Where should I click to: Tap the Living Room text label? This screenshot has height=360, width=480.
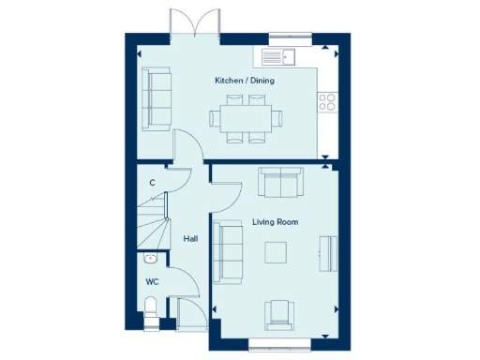click(x=275, y=222)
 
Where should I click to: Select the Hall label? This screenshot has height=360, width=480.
click(x=190, y=239)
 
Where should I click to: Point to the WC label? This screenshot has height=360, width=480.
click(x=152, y=280)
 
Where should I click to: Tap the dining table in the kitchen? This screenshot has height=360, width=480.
click(x=240, y=118)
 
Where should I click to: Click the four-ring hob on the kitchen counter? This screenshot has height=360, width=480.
click(x=328, y=101)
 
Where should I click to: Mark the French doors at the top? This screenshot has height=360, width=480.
click(x=192, y=23)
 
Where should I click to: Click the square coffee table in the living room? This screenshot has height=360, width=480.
click(x=276, y=253)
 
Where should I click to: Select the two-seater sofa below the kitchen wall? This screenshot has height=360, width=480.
click(x=279, y=184)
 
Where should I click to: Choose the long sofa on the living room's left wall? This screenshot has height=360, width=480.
click(x=227, y=250)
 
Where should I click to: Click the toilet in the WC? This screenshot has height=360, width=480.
click(x=153, y=312)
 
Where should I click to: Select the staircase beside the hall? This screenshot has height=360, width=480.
click(x=154, y=225)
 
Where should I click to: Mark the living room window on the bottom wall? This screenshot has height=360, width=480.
click(x=278, y=348)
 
